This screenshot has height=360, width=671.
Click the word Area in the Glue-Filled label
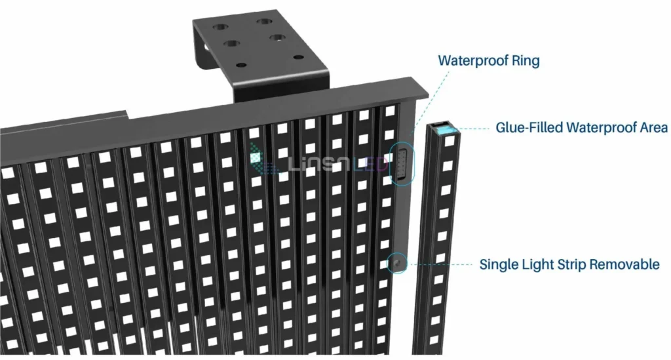[653, 127]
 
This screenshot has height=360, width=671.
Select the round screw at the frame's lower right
[396, 262]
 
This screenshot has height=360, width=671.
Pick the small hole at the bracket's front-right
[298, 57]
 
